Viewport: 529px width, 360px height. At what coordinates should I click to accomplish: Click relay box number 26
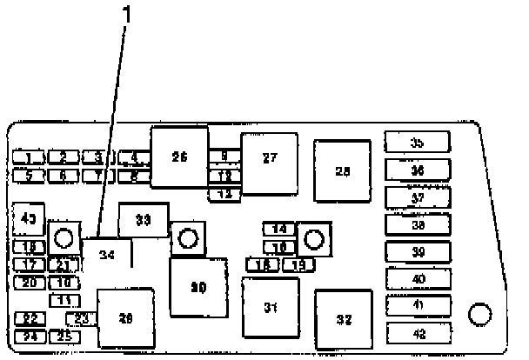(179, 157)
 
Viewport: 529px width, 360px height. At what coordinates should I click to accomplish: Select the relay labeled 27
(270, 158)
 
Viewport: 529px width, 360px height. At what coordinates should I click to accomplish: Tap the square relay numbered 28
(342, 171)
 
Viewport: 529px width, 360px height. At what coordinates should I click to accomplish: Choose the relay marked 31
(270, 307)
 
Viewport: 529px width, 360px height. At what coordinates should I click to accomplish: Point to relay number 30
(198, 288)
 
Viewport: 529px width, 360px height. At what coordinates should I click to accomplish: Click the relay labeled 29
(126, 319)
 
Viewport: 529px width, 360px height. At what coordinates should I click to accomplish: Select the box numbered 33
(144, 220)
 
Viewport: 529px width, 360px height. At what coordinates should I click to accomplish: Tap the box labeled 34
(107, 256)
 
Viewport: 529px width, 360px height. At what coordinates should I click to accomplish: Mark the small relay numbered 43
(30, 219)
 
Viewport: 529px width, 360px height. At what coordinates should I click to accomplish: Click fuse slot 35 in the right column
(418, 142)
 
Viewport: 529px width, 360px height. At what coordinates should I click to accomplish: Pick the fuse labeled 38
(418, 225)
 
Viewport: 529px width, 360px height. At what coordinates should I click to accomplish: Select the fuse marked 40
(418, 279)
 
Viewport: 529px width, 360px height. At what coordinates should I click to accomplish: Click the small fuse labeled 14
(279, 230)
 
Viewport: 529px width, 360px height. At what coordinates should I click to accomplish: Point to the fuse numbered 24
(31, 337)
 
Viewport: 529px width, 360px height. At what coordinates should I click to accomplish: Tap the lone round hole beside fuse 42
(478, 314)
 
